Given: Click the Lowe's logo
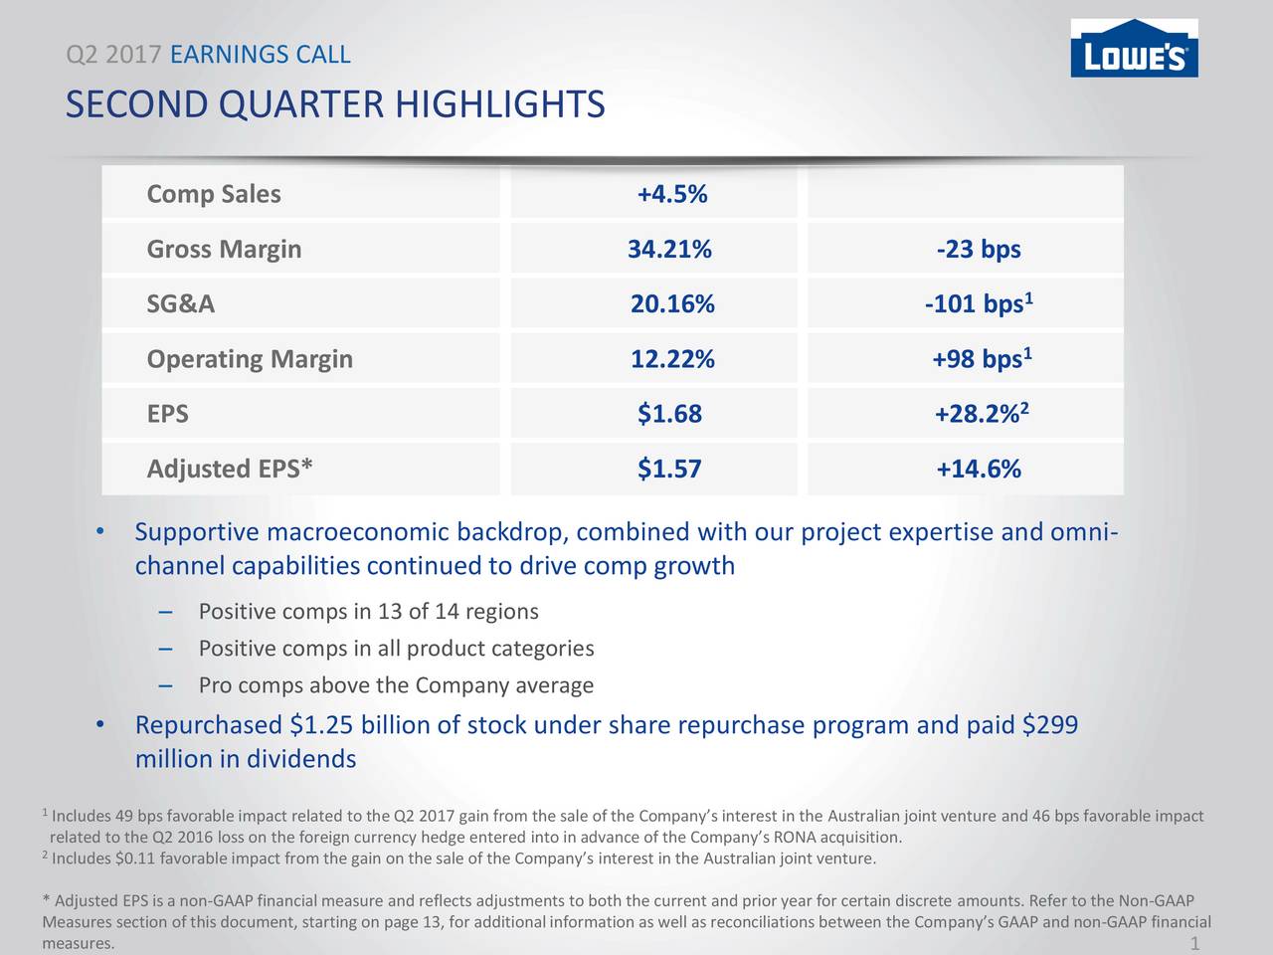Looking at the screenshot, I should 1134,48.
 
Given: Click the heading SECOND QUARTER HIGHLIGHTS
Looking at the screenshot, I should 334,104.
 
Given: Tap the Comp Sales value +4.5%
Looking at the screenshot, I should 671,194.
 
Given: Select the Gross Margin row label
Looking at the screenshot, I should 224,249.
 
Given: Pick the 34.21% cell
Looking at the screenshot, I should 669,249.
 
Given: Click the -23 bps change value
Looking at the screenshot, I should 979,249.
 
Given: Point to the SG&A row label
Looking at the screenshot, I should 181,303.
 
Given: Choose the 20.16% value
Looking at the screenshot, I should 672,303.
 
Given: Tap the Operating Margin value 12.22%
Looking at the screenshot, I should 672,359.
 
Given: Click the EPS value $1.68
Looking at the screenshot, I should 669,414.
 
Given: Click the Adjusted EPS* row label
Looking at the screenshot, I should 230,469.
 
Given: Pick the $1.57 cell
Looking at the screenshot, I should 669,469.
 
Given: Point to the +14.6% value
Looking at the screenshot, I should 979,469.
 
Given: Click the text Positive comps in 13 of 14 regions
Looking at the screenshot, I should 368,611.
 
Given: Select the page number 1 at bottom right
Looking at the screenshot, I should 1194,943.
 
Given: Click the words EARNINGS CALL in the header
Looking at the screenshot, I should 261,55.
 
